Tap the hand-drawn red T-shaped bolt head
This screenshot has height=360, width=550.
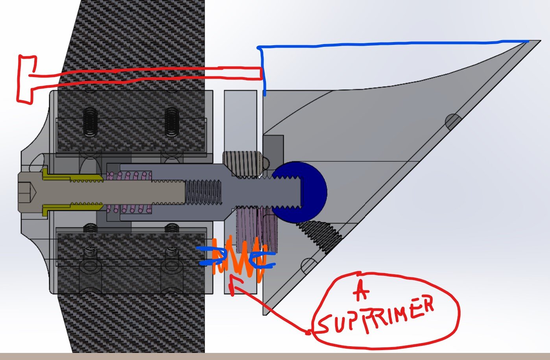(26, 79)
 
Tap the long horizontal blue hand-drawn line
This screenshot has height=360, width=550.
(393, 44)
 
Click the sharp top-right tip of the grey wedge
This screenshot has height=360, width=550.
(540, 41)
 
